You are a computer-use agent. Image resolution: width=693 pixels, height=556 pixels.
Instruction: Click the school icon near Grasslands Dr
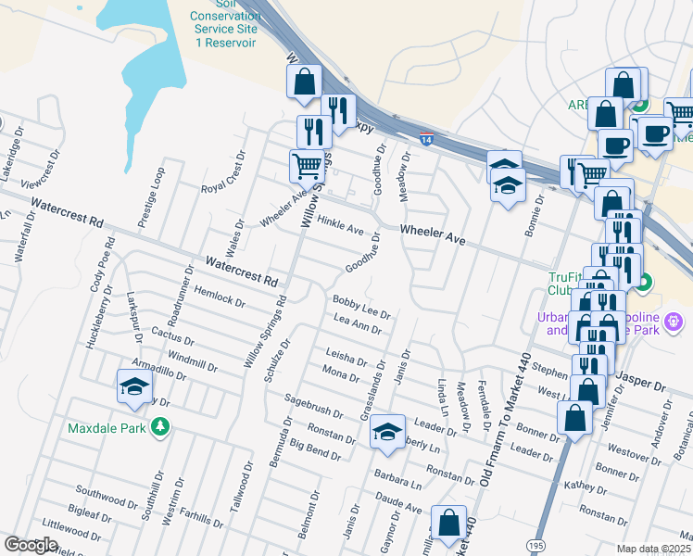[x=388, y=431]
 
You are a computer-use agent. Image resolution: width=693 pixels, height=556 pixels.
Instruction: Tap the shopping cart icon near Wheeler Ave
[x=308, y=167]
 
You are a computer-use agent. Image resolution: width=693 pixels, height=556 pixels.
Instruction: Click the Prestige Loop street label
[x=152, y=201]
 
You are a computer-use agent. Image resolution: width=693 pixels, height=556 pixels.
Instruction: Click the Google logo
[x=31, y=546]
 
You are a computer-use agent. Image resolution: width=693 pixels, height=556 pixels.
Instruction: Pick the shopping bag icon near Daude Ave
[x=448, y=524]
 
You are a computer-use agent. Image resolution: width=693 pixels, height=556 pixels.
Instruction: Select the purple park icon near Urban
[x=674, y=322]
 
